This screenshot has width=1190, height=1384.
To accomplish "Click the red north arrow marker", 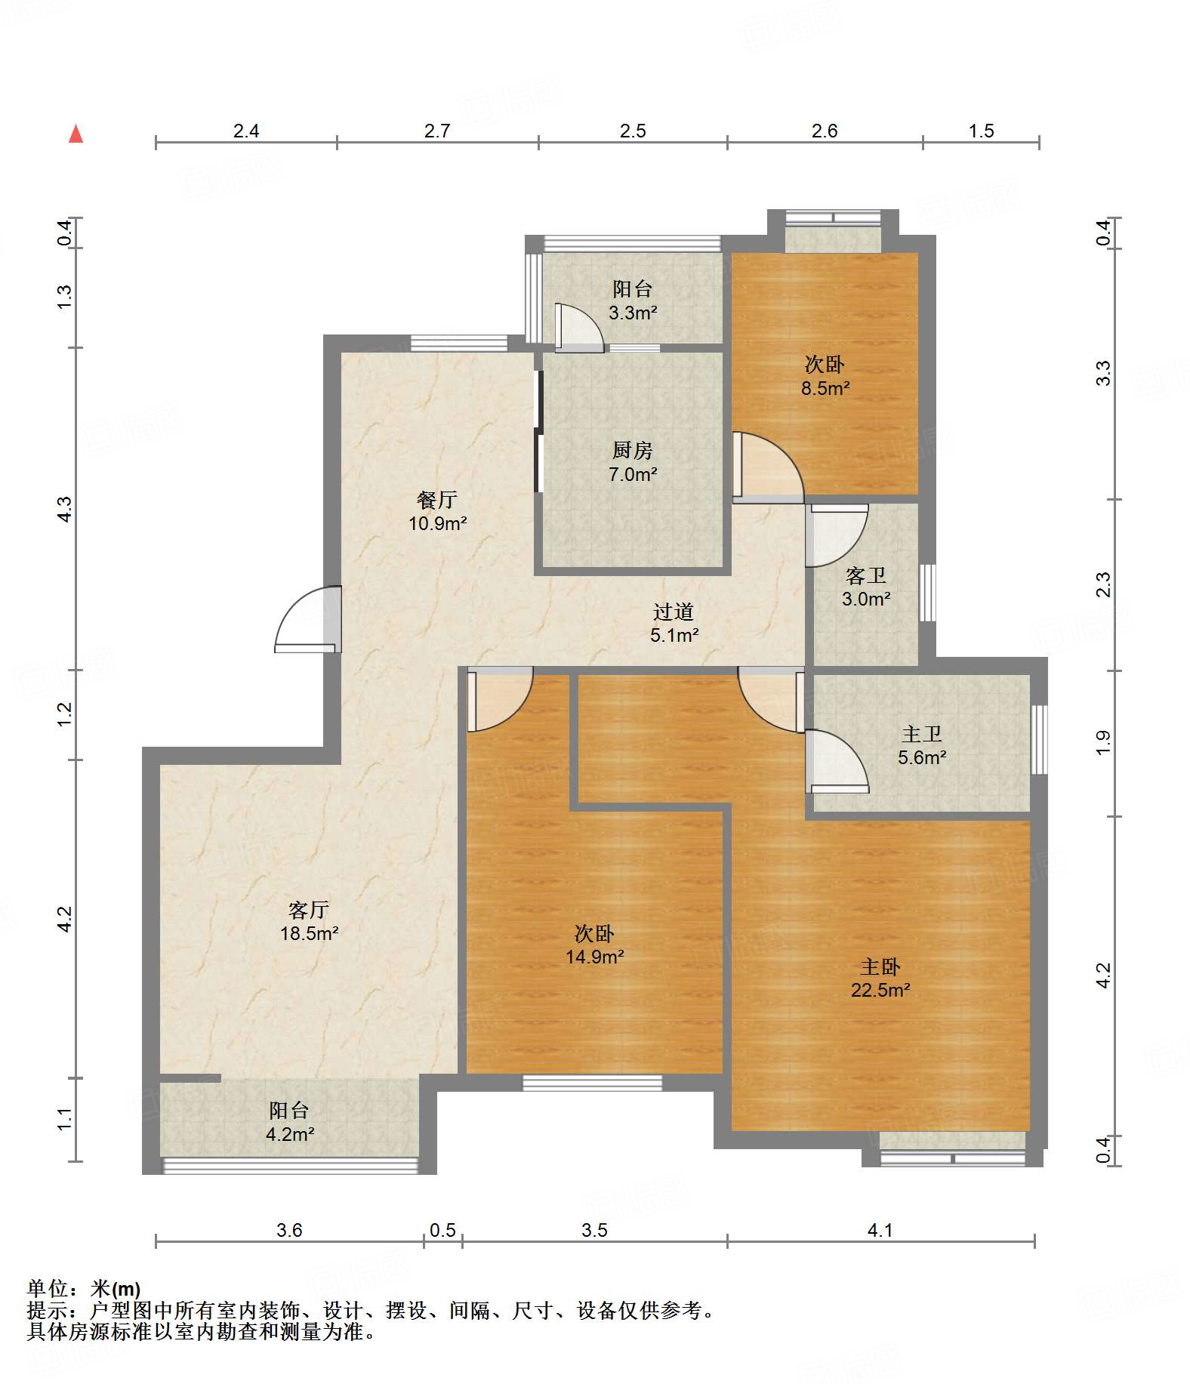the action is [76, 134].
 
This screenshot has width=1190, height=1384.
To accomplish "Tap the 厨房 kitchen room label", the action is [633, 450].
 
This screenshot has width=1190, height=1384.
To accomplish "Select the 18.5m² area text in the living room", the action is [309, 933].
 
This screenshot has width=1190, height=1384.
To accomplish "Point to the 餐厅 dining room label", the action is [437, 499].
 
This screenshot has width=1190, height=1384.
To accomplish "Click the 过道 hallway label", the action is [674, 611].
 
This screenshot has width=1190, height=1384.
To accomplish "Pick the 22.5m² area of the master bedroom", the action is [880, 990].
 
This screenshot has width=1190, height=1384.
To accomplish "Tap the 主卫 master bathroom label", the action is [922, 733].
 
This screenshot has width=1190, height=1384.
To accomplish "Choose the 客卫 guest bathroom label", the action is [866, 575].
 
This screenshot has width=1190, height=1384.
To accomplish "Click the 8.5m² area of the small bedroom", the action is [825, 388].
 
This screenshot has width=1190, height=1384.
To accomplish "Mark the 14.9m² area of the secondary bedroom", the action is [595, 957].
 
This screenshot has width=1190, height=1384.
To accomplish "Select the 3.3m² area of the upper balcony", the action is [633, 313].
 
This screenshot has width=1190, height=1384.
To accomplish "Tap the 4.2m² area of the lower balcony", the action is [290, 1133].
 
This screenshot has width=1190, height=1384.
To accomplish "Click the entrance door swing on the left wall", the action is [308, 619].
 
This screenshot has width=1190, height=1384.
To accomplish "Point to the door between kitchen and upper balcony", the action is [579, 328].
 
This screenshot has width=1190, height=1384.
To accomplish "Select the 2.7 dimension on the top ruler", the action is [437, 131].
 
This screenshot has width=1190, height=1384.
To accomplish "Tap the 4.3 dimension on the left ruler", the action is [65, 508].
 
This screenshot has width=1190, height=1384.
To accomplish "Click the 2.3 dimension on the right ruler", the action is [1104, 584].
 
